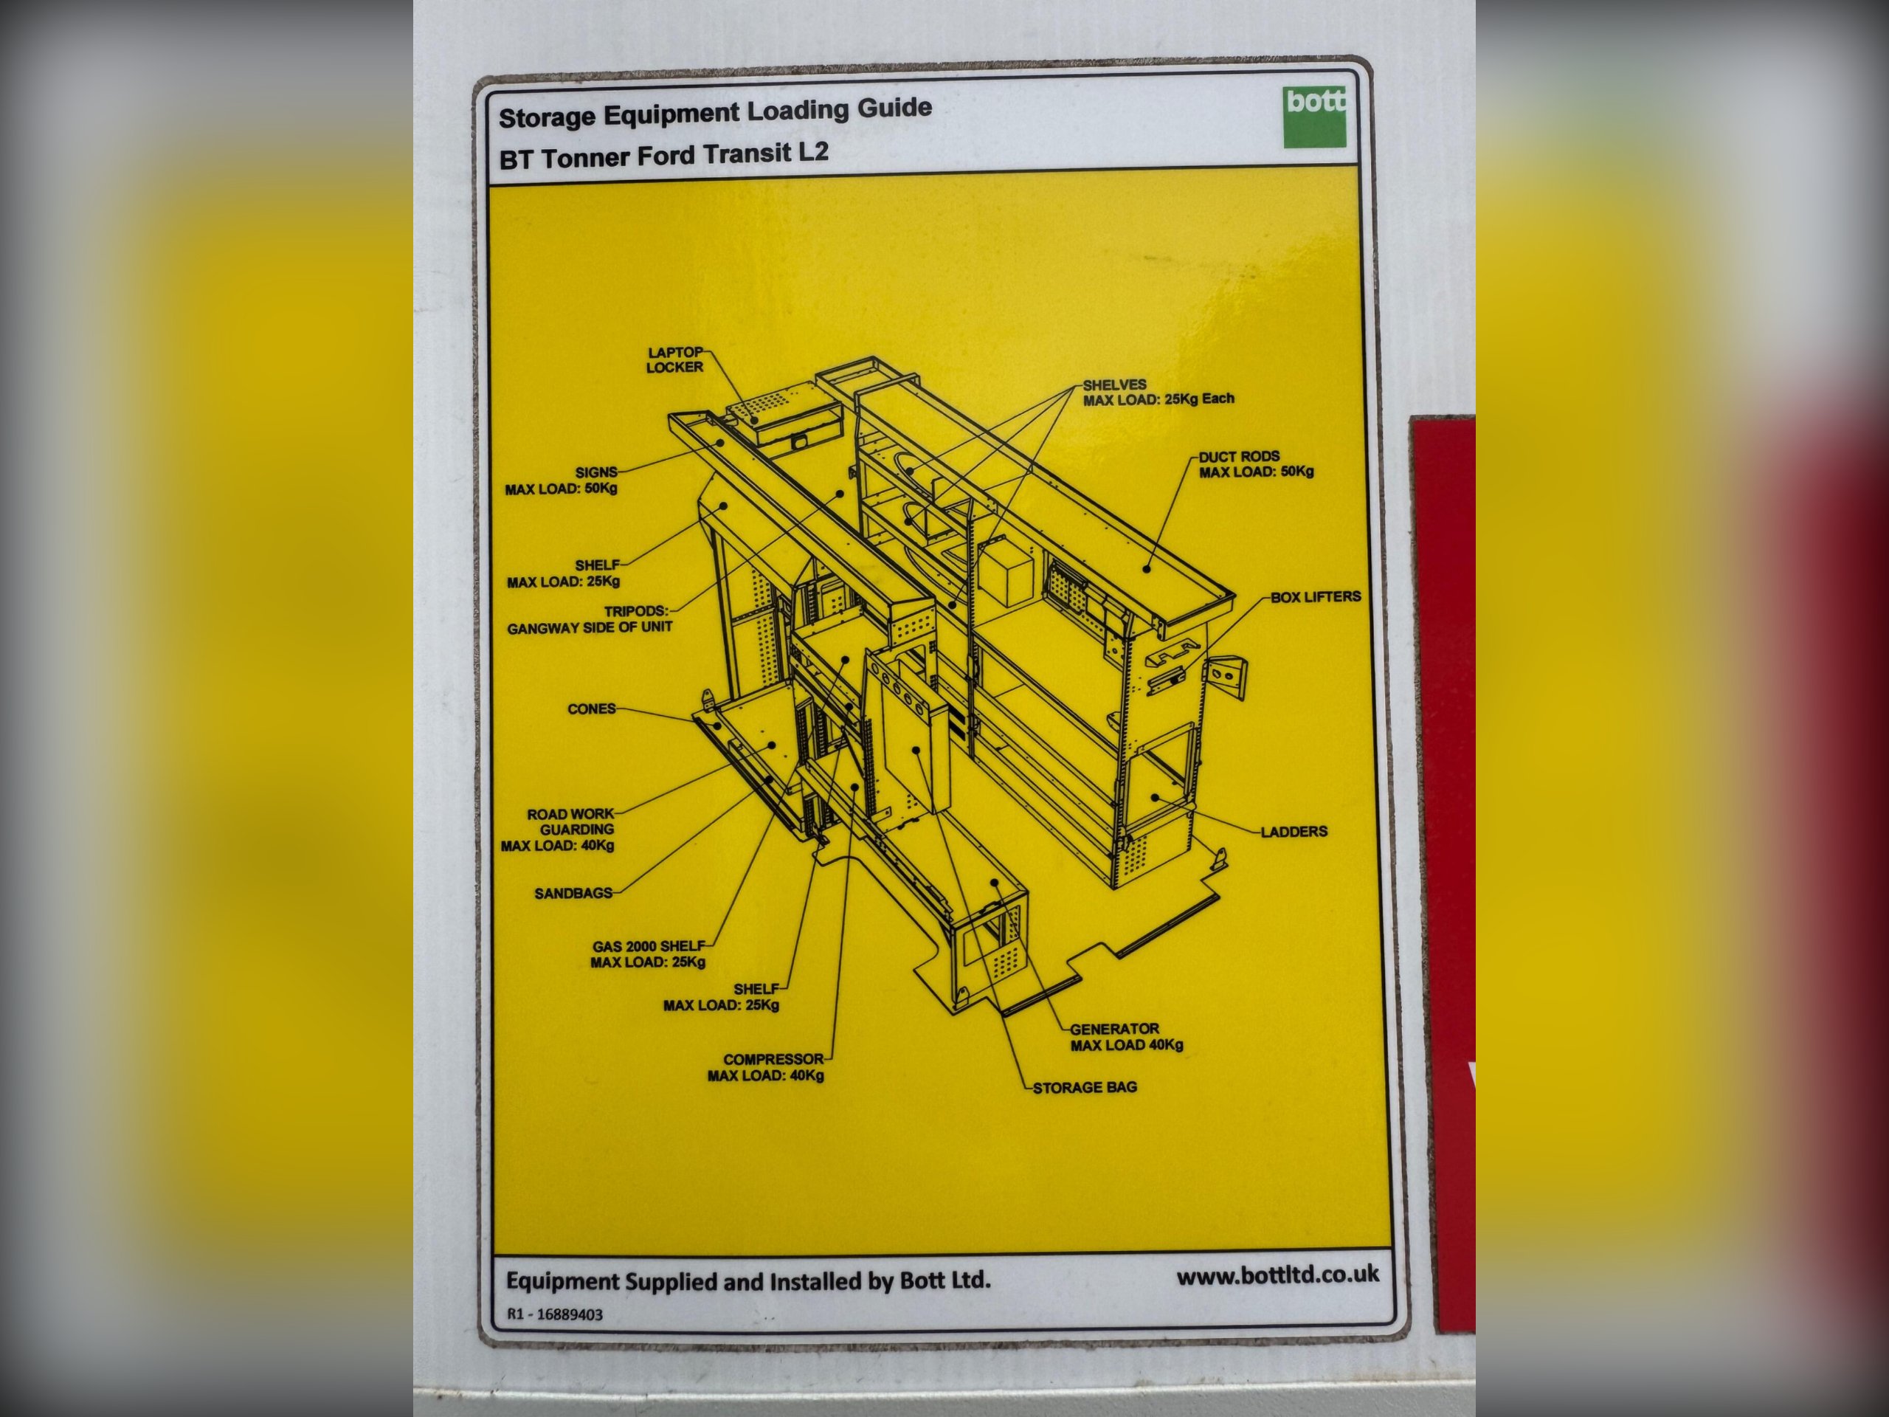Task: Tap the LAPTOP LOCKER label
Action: [674, 359]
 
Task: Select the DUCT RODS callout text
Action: [1256, 463]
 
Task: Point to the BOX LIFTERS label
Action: [1315, 597]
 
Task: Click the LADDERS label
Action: [1294, 831]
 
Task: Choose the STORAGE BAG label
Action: [1085, 1088]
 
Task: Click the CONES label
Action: [591, 709]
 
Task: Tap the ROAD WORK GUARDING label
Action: [558, 830]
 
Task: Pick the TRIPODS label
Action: [590, 619]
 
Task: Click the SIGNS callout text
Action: [561, 480]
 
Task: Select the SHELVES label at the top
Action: [1158, 392]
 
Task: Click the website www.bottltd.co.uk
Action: [1277, 1275]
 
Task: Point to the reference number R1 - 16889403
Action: [555, 1314]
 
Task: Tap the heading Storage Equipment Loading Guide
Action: [715, 112]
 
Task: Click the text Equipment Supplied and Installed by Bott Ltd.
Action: [748, 1281]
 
